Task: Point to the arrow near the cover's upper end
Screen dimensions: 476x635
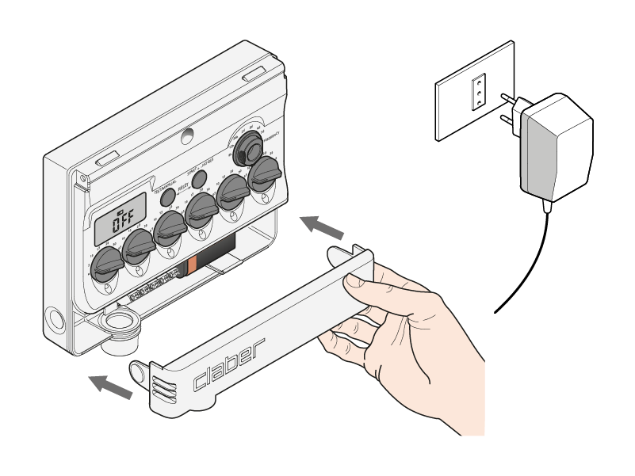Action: [x=323, y=227]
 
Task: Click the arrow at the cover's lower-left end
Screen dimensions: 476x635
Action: [x=109, y=386]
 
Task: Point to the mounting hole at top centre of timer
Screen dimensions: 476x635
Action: [x=186, y=136]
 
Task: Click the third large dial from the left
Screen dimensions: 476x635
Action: [x=170, y=228]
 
